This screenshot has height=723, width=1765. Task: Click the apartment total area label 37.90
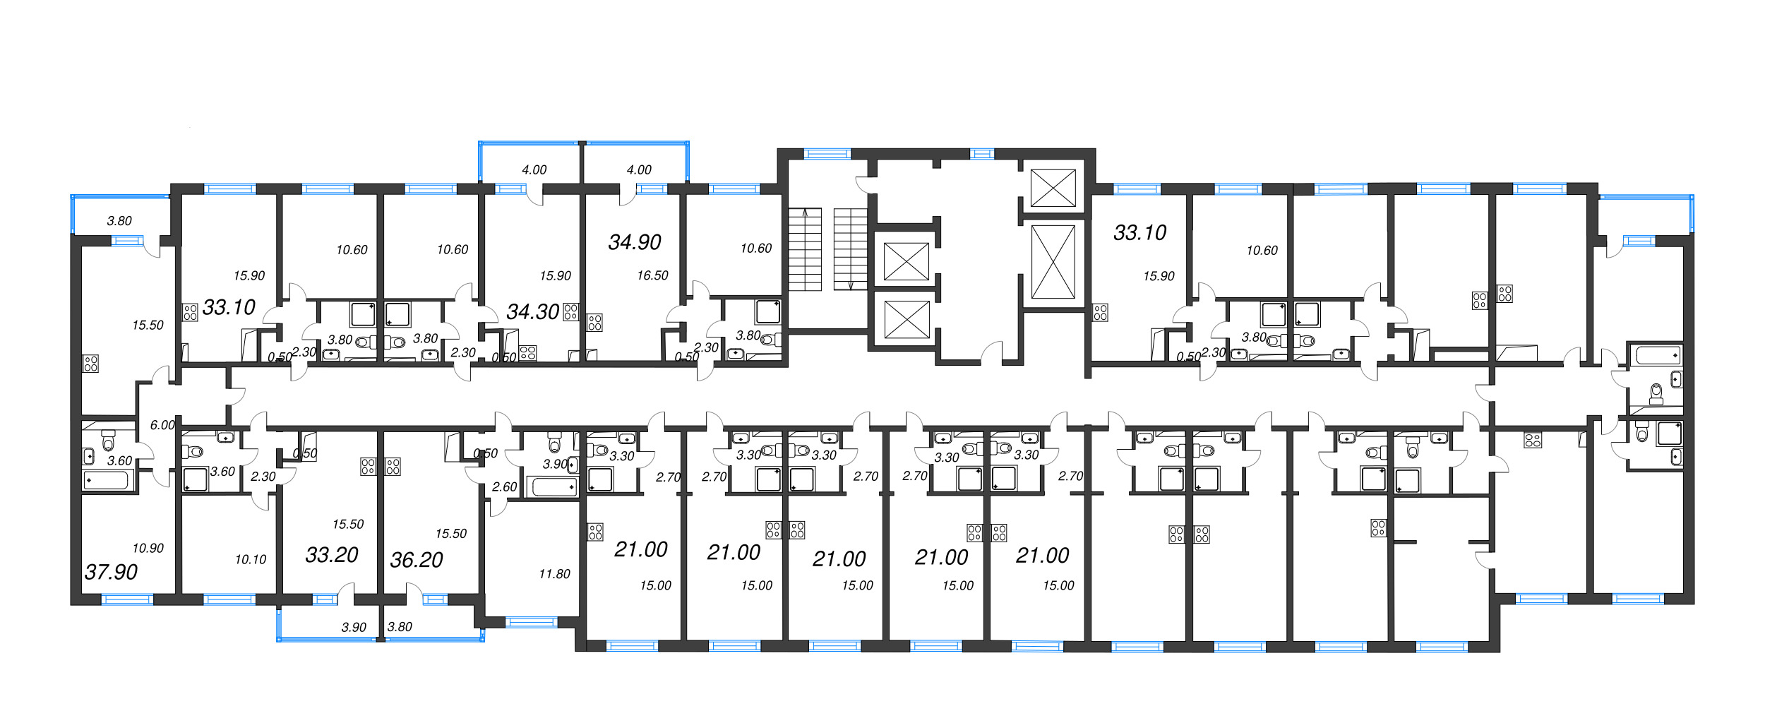pos(111,572)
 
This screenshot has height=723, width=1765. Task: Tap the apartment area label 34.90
pos(635,242)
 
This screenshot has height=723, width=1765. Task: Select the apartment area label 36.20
pos(417,560)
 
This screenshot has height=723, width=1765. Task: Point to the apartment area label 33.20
pos(332,555)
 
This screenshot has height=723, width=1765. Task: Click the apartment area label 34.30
pos(532,311)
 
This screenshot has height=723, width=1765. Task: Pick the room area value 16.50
pos(652,276)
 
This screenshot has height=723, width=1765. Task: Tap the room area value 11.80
pos(554,574)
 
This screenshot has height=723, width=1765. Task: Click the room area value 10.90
pos(148,548)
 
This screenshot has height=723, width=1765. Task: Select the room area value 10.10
pos(251,559)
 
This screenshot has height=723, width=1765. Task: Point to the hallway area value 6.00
pos(162,425)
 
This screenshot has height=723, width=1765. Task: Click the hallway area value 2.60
pos(504,487)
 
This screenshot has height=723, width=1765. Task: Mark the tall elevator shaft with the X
pos(1053,262)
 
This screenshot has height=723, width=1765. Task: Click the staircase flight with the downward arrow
pos(850,249)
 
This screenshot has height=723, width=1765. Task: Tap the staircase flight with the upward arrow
pos(805,249)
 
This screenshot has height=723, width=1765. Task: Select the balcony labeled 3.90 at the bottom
pos(354,627)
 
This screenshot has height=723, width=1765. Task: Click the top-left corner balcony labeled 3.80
pos(119,221)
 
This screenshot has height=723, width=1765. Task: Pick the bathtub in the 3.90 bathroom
pos(554,486)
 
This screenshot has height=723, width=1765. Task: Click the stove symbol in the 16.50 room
pos(594,323)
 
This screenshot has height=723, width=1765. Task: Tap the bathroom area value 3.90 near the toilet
pos(554,464)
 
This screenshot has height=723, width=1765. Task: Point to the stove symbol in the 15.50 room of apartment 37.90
pos(91,364)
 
